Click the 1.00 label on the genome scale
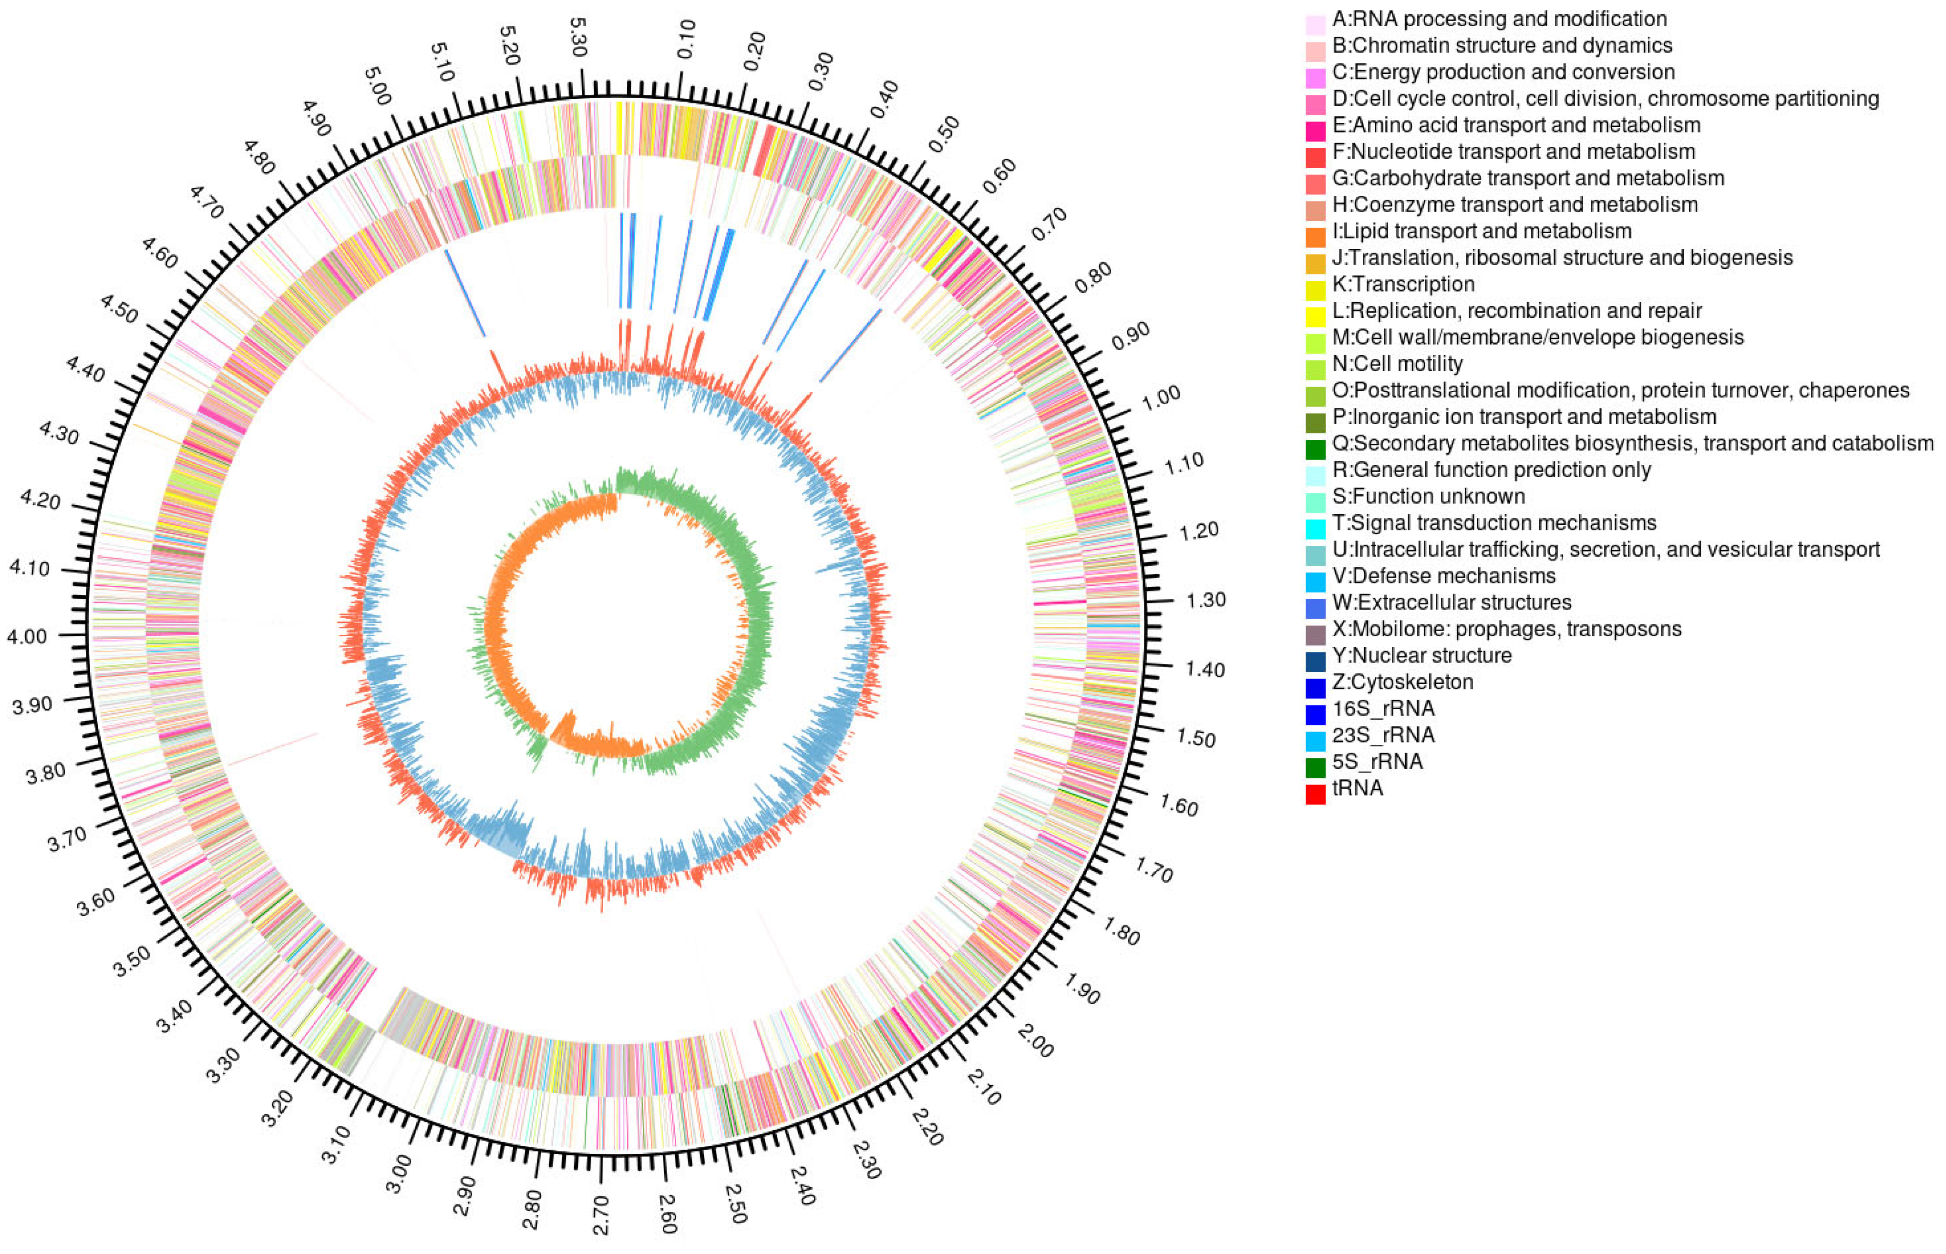pos(1161,397)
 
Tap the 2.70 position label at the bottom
pos(601,1214)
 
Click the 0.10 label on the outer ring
pos(686,38)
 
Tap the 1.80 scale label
pos(1122,931)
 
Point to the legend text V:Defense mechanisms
pos(1443,576)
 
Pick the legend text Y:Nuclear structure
pos(1421,655)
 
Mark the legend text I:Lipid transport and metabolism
pos(1482,231)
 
